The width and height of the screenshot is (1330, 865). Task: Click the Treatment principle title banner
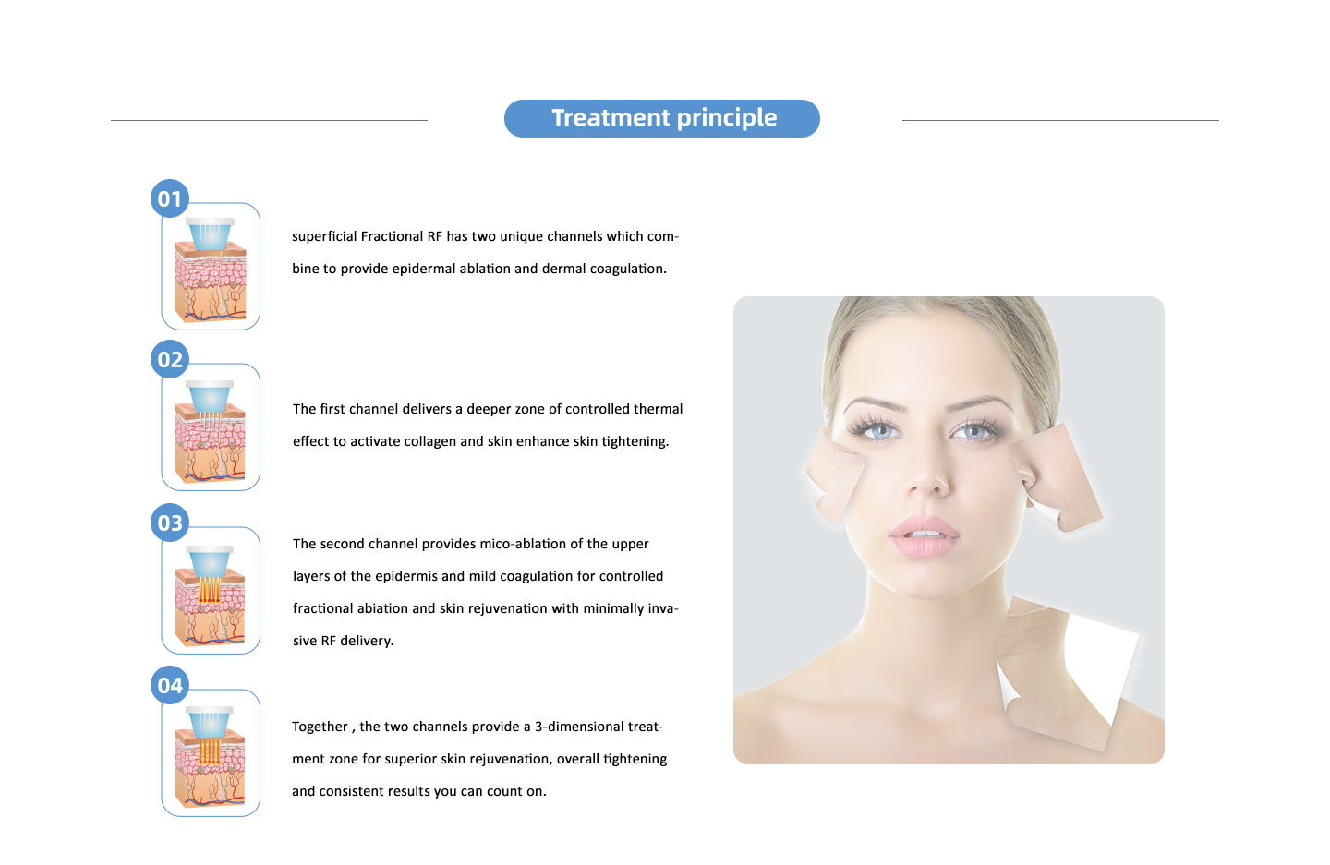(662, 119)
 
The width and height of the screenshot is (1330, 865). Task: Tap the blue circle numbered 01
(170, 198)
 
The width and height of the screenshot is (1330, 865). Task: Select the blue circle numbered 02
(170, 359)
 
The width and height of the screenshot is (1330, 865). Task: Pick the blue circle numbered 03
(170, 523)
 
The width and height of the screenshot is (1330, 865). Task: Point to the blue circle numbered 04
(170, 685)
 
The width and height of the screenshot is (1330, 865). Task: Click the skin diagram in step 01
(211, 270)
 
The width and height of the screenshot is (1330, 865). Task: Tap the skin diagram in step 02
(211, 431)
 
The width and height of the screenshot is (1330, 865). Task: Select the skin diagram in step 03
(211, 595)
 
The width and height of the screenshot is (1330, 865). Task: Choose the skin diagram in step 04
(211, 757)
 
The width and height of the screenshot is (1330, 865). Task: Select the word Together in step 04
(320, 727)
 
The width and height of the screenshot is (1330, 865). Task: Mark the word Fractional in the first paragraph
(392, 236)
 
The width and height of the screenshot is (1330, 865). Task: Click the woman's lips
(924, 535)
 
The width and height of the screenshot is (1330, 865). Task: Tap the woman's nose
(928, 469)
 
